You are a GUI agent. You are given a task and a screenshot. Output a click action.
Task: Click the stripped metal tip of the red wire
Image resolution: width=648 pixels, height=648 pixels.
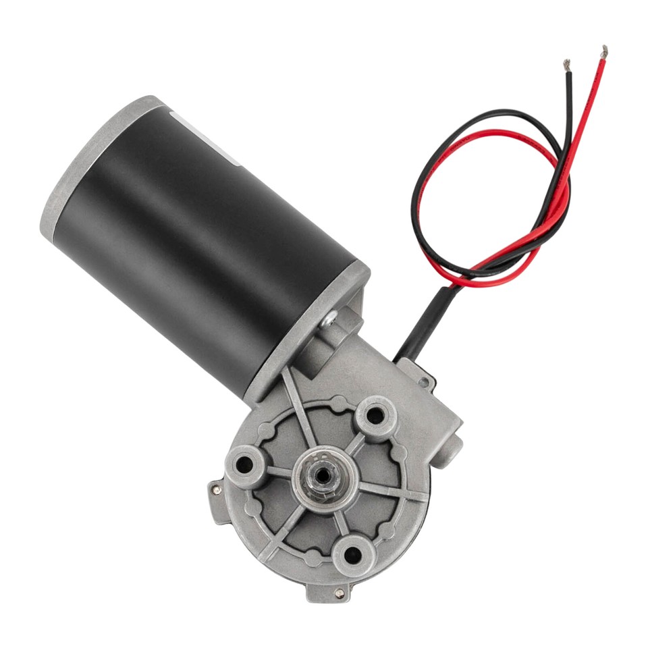tap(603, 51)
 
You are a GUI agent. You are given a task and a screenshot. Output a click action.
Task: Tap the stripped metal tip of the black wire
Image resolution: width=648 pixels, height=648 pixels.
tap(566, 65)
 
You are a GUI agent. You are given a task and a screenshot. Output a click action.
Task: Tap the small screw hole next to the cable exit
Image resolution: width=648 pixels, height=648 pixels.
tap(423, 383)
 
